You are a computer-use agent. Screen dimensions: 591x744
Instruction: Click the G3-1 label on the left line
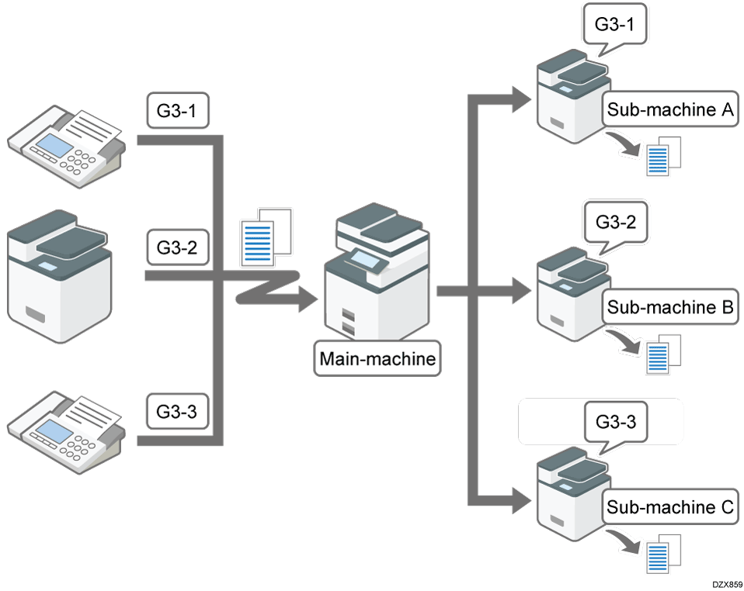[x=178, y=112]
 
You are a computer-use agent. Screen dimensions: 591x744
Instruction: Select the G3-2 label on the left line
[x=178, y=249]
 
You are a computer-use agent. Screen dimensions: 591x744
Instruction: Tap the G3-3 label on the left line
[x=178, y=411]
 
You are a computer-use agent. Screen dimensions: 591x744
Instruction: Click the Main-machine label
[x=378, y=358]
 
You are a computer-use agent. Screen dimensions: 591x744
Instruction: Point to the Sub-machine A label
[x=670, y=110]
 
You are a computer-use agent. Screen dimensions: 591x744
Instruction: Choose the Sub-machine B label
[x=670, y=307]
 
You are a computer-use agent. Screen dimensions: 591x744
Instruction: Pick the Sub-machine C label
[x=670, y=508]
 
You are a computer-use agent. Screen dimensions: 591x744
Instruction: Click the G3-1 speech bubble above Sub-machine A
[x=614, y=24]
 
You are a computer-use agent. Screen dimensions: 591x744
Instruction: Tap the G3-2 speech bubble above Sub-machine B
[x=614, y=222]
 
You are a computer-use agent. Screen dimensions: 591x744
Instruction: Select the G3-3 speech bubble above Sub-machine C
[x=614, y=423]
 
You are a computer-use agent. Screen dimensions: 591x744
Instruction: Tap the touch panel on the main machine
[x=366, y=257]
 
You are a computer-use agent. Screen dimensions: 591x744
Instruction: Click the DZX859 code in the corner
[x=725, y=582]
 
